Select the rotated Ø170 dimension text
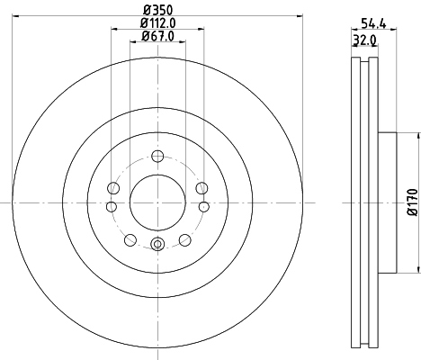(x=412, y=202)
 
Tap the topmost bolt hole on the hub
(x=157, y=155)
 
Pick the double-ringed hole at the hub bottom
(x=157, y=244)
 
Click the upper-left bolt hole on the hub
(x=113, y=187)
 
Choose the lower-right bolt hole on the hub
(x=184, y=239)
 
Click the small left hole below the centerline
(x=112, y=208)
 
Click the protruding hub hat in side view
(x=387, y=202)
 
